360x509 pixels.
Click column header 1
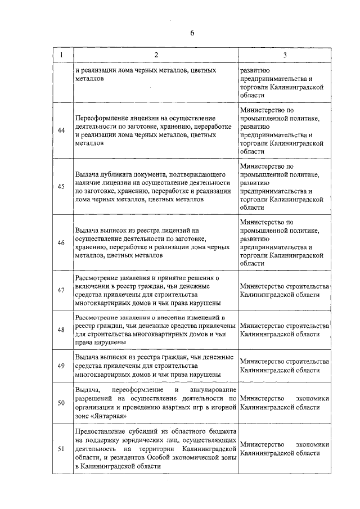point(61,55)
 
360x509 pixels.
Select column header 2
point(155,55)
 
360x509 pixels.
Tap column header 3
point(285,55)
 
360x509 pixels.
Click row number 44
point(61,131)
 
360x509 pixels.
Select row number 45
point(61,187)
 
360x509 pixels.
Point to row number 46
point(61,242)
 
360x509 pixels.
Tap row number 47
point(61,290)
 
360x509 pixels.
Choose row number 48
point(61,330)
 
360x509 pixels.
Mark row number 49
point(61,366)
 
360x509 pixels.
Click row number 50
point(61,403)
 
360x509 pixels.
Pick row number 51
point(61,449)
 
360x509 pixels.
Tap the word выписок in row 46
point(111,231)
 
